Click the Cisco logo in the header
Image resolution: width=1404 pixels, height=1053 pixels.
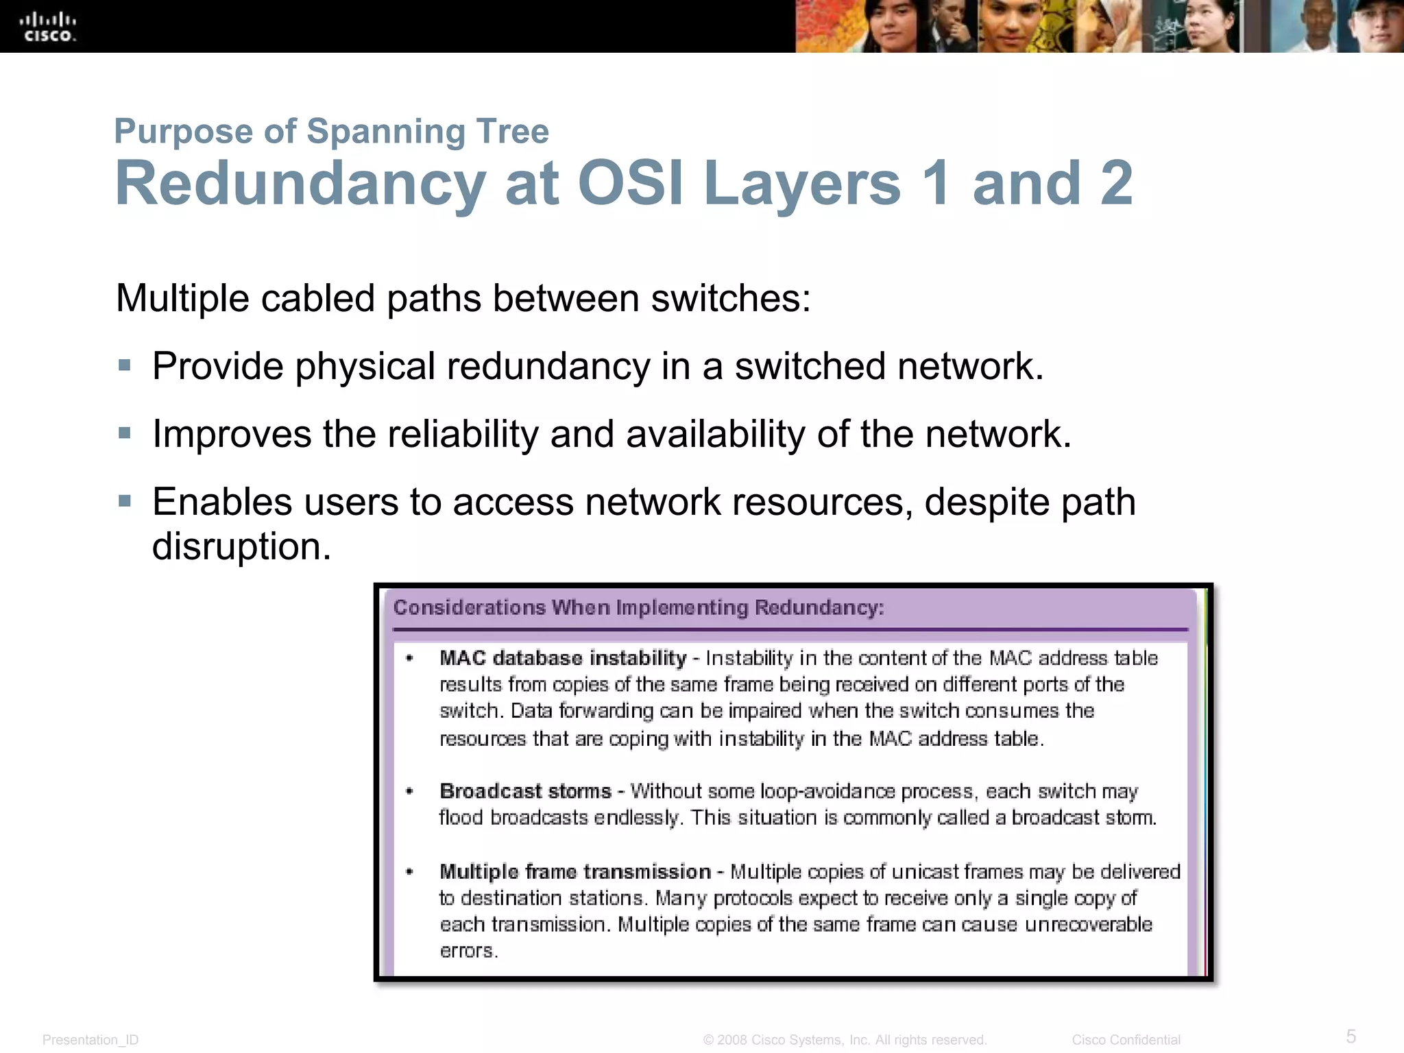(49, 27)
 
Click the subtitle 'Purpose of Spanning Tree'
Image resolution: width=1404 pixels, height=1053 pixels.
(331, 131)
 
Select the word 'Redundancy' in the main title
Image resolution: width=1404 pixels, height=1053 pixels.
(300, 183)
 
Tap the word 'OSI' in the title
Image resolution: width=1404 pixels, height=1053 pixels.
(630, 183)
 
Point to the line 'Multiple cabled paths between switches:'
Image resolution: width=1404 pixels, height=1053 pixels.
(463, 298)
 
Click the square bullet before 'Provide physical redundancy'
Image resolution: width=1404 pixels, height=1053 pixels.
(124, 365)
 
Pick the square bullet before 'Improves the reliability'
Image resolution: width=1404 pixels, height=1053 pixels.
(124, 433)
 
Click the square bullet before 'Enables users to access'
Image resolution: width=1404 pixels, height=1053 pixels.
(124, 501)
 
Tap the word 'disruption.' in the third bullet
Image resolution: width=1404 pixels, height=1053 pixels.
(241, 546)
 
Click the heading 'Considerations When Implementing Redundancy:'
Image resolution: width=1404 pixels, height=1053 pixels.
(638, 607)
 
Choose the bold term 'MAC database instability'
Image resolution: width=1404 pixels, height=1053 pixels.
(563, 658)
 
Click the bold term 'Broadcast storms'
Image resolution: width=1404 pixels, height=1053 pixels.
(525, 791)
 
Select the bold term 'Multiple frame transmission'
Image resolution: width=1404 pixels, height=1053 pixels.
(575, 871)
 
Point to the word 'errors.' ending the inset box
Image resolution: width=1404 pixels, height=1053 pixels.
(468, 951)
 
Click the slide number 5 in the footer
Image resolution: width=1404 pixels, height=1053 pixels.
(1351, 1036)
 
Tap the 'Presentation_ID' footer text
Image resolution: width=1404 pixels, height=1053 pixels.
(90, 1040)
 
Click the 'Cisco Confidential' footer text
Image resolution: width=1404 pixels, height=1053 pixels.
(1126, 1040)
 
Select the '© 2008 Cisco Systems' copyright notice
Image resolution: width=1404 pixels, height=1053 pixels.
(845, 1040)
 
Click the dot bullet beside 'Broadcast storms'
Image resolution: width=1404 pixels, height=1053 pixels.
(409, 791)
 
